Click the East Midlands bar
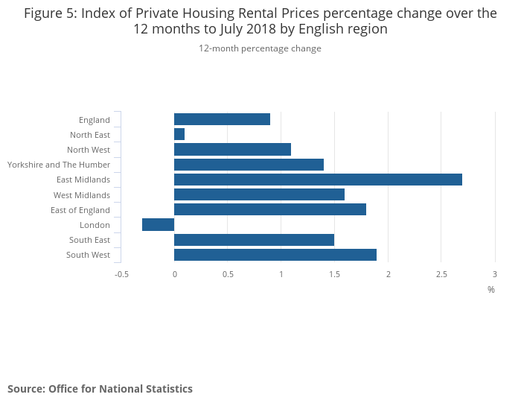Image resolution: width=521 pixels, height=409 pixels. point(318,180)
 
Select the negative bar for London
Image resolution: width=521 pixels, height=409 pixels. point(158,225)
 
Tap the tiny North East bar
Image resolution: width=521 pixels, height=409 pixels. point(179,134)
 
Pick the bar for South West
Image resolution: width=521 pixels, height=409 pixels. point(275,255)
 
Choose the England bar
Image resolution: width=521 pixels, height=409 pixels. point(222,119)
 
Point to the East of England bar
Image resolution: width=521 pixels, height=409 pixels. point(270,209)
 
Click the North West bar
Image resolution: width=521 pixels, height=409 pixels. point(232,149)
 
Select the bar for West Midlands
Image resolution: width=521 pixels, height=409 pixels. point(259,194)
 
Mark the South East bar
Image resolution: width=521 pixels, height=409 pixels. point(254,240)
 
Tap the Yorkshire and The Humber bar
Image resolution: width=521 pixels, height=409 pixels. point(249,165)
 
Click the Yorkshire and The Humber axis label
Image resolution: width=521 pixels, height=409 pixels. point(59,165)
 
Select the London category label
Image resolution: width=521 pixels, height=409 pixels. point(95,225)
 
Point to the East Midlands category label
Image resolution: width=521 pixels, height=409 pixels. point(83,180)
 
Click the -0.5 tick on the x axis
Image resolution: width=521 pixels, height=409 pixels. point(121,274)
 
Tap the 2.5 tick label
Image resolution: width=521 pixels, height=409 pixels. point(441,274)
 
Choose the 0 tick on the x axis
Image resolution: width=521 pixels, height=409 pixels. point(174,274)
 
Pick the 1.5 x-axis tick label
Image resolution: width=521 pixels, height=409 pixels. point(334,274)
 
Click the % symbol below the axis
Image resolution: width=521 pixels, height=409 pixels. point(491,289)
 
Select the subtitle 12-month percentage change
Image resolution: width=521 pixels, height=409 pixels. point(260,48)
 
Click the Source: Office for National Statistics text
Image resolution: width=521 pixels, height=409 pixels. point(100,389)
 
